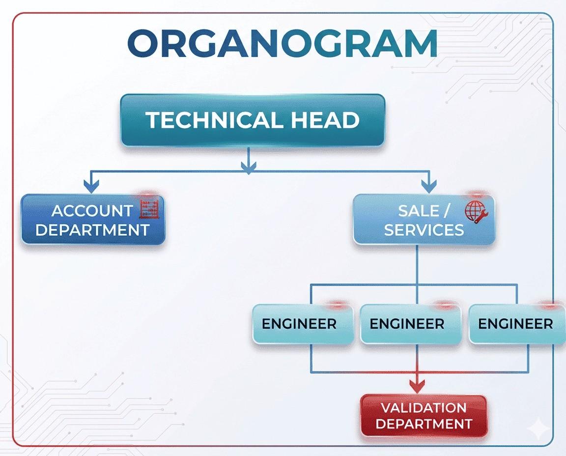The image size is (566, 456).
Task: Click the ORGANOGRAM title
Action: pos(283,43)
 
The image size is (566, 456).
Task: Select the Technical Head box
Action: pos(253,120)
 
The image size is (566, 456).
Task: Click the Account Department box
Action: pos(93,220)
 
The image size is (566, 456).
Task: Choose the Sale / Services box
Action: pos(424,220)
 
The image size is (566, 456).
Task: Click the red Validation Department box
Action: pos(424,416)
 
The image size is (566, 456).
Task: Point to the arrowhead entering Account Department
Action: pos(91,186)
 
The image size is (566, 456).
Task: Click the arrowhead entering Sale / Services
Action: pos(429,186)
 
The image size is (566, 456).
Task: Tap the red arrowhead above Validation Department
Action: pos(418,385)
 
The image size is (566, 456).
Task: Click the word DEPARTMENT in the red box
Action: pos(424,424)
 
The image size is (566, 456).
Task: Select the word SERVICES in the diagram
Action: pos(424,229)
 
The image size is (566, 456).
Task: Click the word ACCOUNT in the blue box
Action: pos(92,211)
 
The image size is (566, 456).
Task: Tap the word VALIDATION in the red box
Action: pos(424,408)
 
